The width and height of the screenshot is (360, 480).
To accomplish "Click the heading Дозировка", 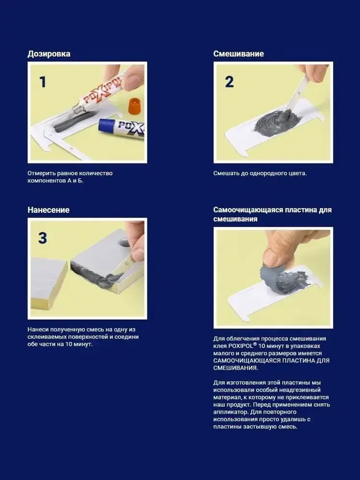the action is click(49, 54).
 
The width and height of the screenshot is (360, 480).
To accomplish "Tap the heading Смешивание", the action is click(238, 54).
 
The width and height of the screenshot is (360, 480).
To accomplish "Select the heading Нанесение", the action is click(49, 210).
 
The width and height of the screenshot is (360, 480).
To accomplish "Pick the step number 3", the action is click(42, 238).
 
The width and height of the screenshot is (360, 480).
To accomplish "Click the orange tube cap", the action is click(135, 106).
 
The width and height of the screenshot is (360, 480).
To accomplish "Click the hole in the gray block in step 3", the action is click(123, 243).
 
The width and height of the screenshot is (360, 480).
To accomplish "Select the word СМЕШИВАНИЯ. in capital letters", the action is click(236, 368).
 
